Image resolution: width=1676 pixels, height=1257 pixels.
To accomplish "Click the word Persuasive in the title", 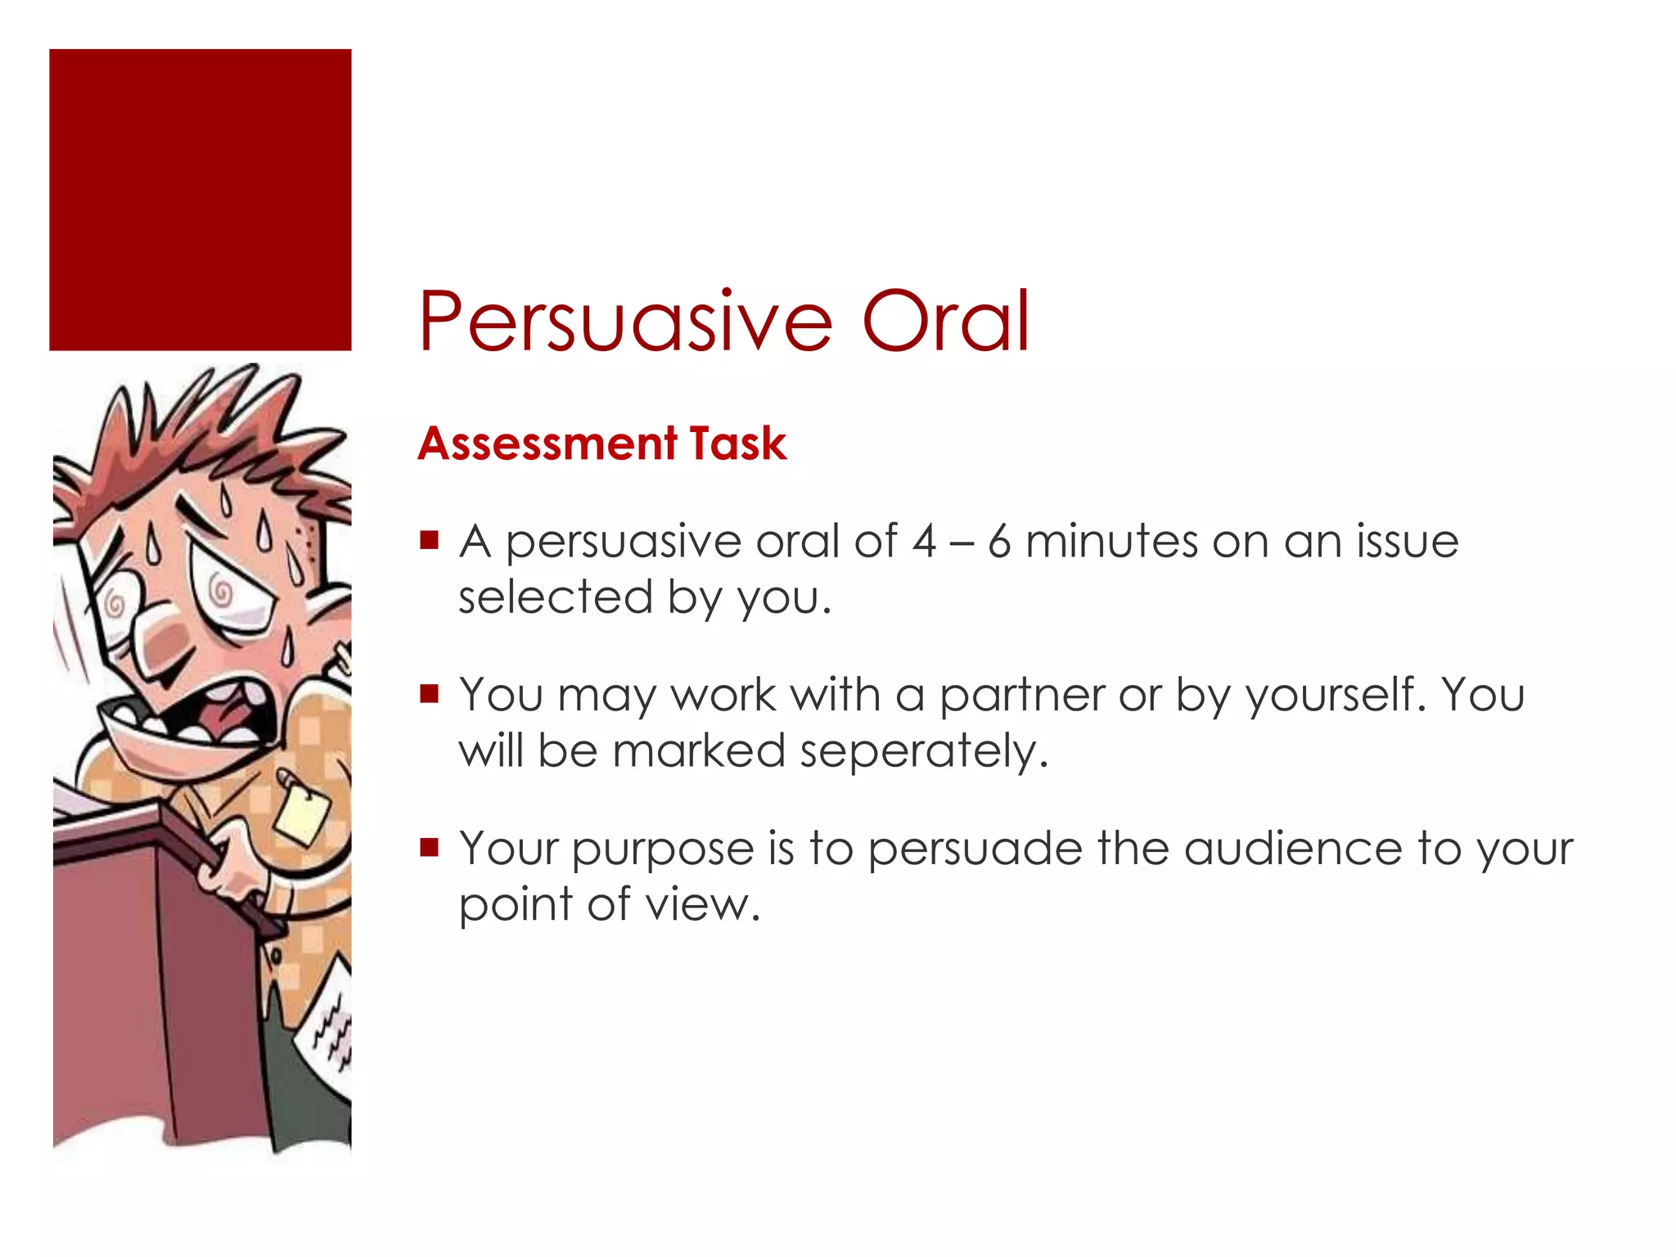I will click(625, 322).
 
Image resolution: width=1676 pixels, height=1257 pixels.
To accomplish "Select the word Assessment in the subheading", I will click(547, 444).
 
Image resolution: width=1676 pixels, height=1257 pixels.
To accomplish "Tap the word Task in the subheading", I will click(738, 444).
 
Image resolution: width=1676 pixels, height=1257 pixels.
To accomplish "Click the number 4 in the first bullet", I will click(924, 543).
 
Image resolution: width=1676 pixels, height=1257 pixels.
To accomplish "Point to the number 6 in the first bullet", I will click(999, 543).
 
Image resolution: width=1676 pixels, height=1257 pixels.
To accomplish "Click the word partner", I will click(1021, 696).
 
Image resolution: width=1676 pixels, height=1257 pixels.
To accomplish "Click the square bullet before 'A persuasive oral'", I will click(429, 541).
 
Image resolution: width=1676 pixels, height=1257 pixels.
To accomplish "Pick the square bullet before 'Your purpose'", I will click(429, 847).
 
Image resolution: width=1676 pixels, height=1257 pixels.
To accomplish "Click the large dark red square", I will click(200, 200).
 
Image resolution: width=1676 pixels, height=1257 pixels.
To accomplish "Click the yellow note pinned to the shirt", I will click(301, 814).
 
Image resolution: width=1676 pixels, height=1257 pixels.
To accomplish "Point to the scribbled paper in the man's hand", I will click(331, 1023).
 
